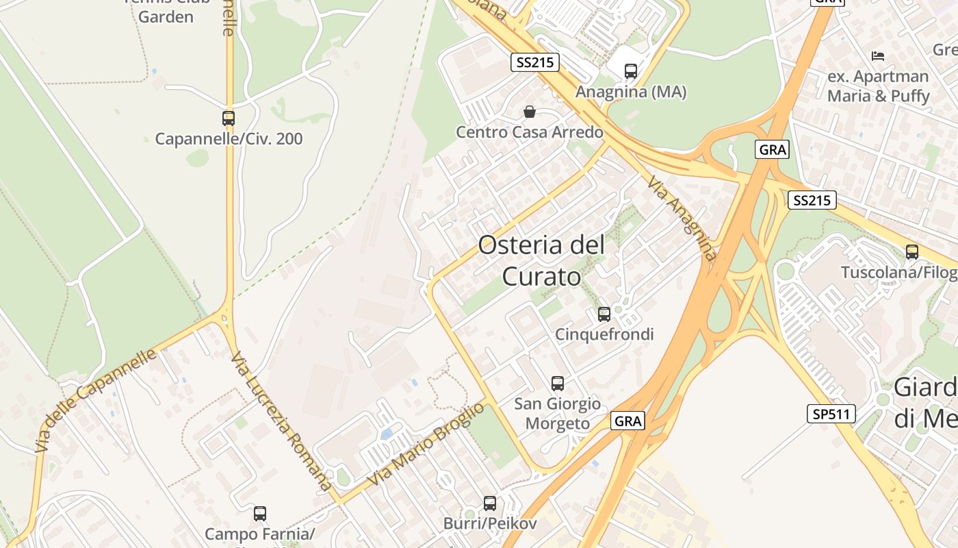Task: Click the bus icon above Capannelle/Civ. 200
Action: [x=229, y=119]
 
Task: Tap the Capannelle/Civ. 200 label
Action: [x=229, y=139]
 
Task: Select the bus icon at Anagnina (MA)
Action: [x=631, y=71]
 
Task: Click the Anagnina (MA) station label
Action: [x=631, y=92]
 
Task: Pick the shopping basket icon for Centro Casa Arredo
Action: [x=529, y=112]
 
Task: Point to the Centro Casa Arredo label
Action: [x=530, y=132]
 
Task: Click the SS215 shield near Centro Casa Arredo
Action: [x=535, y=63]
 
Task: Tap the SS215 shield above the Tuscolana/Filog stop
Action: [x=812, y=200]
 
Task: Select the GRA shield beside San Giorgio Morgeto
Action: [x=627, y=421]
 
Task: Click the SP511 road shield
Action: [x=831, y=414]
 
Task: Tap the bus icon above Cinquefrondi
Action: [x=604, y=314]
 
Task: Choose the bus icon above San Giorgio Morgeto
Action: [x=558, y=384]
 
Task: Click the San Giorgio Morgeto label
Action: [x=557, y=414]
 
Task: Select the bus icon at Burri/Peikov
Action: [x=490, y=503]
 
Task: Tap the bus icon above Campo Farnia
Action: [x=260, y=514]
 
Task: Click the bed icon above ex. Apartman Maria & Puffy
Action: [x=878, y=55]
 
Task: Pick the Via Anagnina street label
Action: [x=682, y=218]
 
